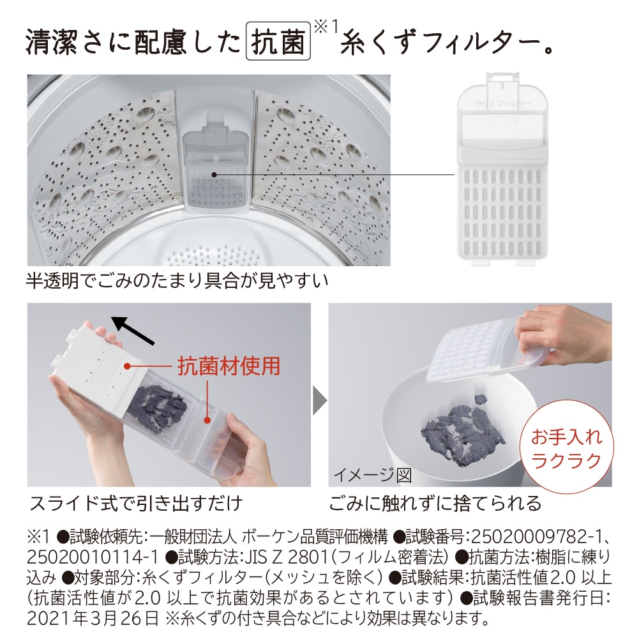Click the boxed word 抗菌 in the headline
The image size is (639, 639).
[278, 41]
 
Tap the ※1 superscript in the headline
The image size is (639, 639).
[326, 27]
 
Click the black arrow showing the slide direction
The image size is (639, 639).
[133, 331]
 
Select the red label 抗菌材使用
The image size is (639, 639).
[229, 366]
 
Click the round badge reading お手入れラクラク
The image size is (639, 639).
[566, 449]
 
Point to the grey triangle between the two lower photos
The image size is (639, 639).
[320, 401]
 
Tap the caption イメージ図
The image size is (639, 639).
[373, 475]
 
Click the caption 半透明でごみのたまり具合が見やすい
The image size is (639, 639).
[177, 281]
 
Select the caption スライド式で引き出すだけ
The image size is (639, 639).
[136, 504]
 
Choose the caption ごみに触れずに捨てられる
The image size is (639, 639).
[435, 504]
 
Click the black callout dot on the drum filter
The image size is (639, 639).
[214, 174]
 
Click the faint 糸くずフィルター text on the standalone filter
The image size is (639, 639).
[503, 103]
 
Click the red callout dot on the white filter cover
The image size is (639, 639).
[127, 366]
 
